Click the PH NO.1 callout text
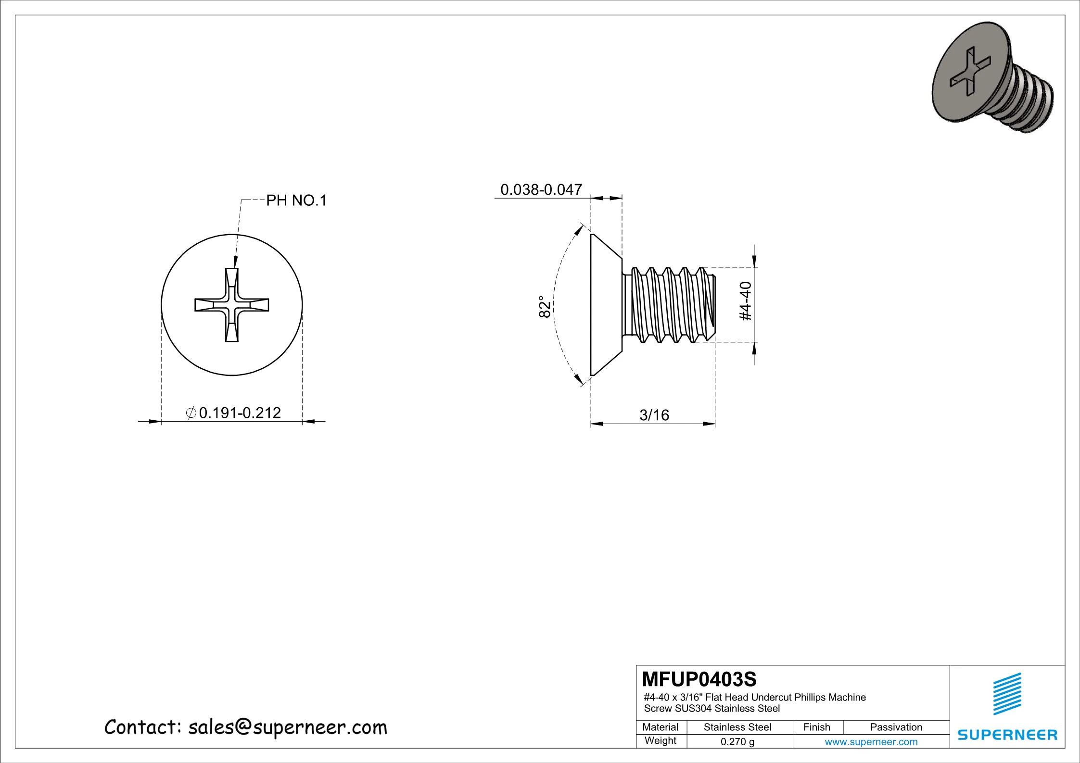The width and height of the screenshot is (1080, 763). point(296,200)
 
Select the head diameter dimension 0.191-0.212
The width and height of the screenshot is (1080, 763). point(240,413)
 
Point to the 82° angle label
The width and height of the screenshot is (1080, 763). point(544,306)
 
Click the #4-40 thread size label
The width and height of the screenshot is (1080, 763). point(745,301)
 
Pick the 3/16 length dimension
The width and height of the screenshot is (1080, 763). point(654,415)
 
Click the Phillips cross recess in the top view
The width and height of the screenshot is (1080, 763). point(231,305)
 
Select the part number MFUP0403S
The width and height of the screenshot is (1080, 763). point(699,679)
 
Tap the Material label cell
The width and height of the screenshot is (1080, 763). point(660,727)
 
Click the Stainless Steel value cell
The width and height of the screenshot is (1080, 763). point(737,727)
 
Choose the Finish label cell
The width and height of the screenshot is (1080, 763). point(816,727)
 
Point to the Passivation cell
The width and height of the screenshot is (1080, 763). point(896,727)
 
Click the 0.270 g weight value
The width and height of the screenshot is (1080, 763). point(737,741)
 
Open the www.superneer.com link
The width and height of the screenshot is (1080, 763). point(871,741)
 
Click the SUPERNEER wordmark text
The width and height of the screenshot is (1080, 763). point(1007,735)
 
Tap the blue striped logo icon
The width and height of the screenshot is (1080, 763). point(1007,694)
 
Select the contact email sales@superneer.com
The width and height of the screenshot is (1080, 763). point(287,727)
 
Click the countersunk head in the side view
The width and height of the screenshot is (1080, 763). point(605,305)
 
